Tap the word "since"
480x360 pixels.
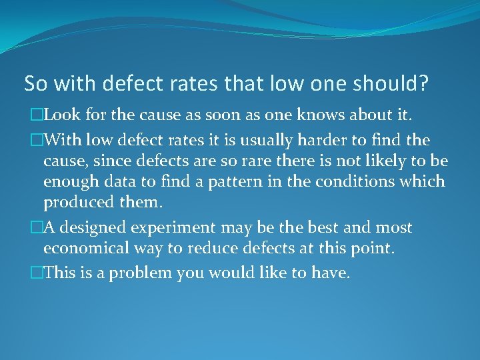pyautogui.click(x=111, y=161)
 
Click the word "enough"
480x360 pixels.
pyautogui.click(x=69, y=182)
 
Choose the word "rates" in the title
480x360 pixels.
pyautogui.click(x=198, y=84)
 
